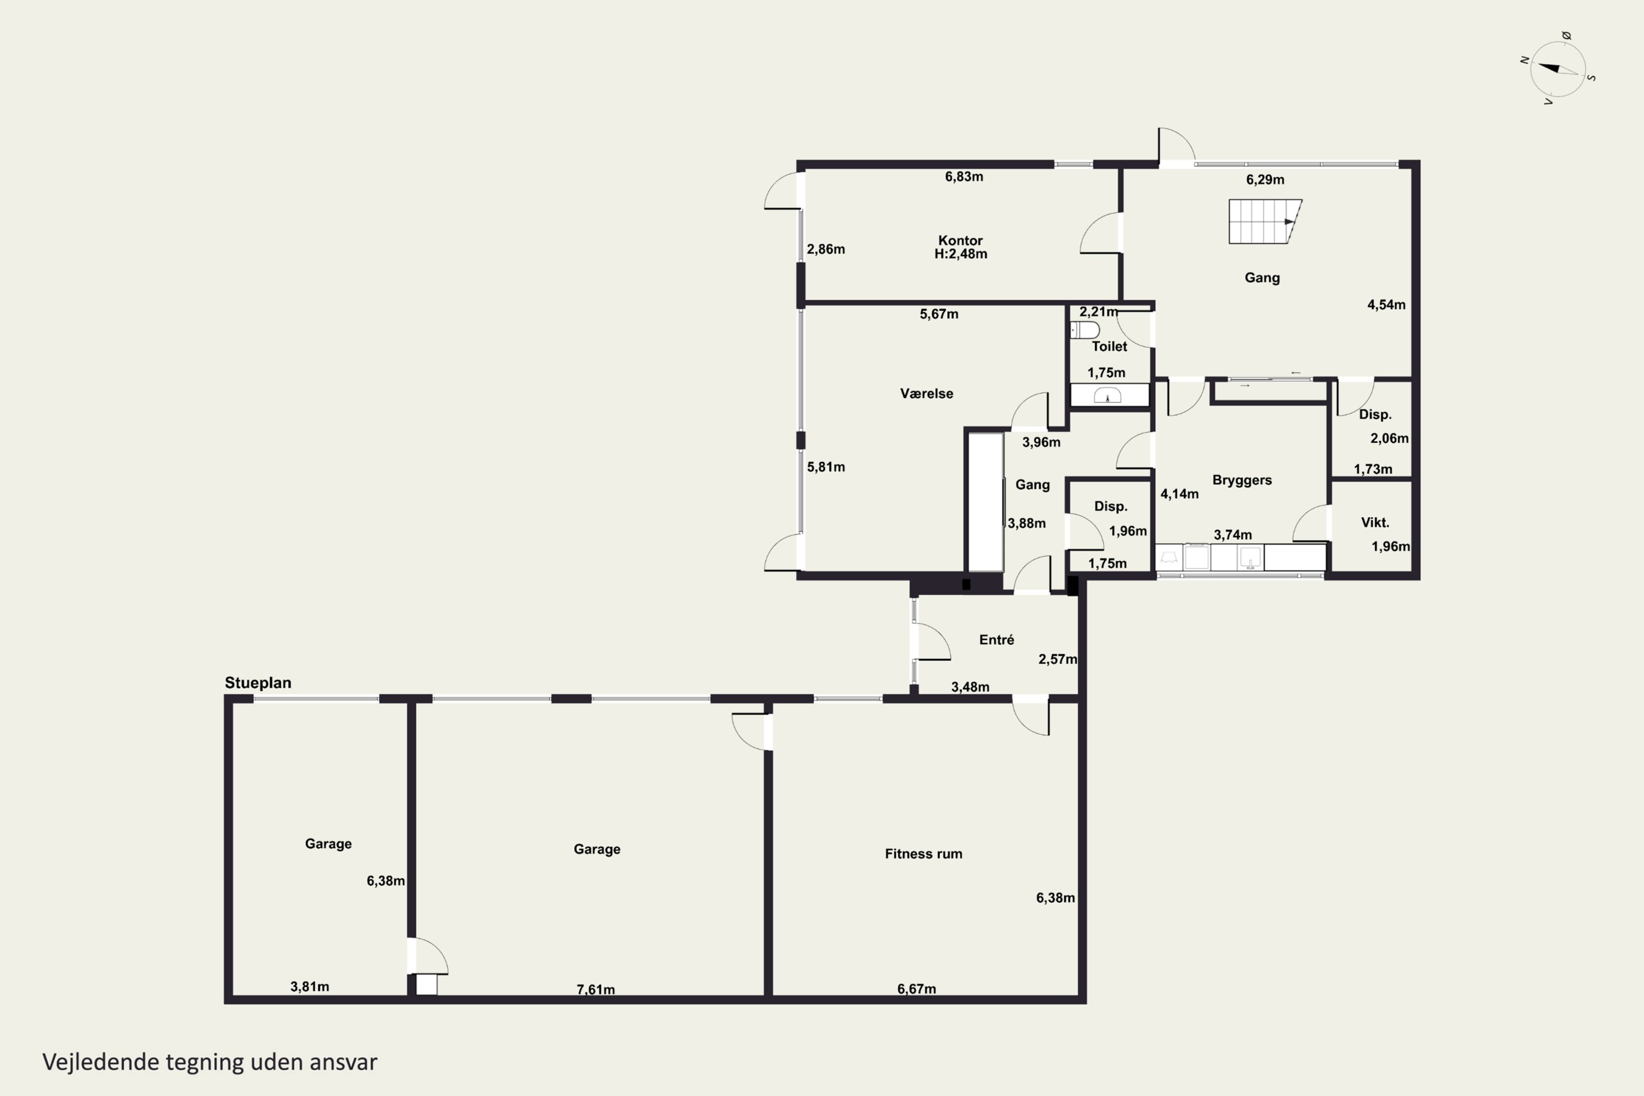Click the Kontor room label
(961, 241)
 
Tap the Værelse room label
(927, 393)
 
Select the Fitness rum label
(923, 853)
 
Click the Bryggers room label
(1242, 480)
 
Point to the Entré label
(997, 640)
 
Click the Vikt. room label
(1375, 522)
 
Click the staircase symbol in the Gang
(1265, 221)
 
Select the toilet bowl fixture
(1085, 330)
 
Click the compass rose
(1557, 69)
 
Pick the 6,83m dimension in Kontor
(964, 177)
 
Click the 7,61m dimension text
(596, 989)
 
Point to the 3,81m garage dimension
(310, 986)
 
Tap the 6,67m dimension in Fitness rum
(916, 989)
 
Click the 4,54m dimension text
(1386, 305)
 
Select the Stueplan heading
(258, 683)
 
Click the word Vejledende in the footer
(101, 1062)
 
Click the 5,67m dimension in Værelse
(939, 315)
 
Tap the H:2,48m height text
(961, 254)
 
